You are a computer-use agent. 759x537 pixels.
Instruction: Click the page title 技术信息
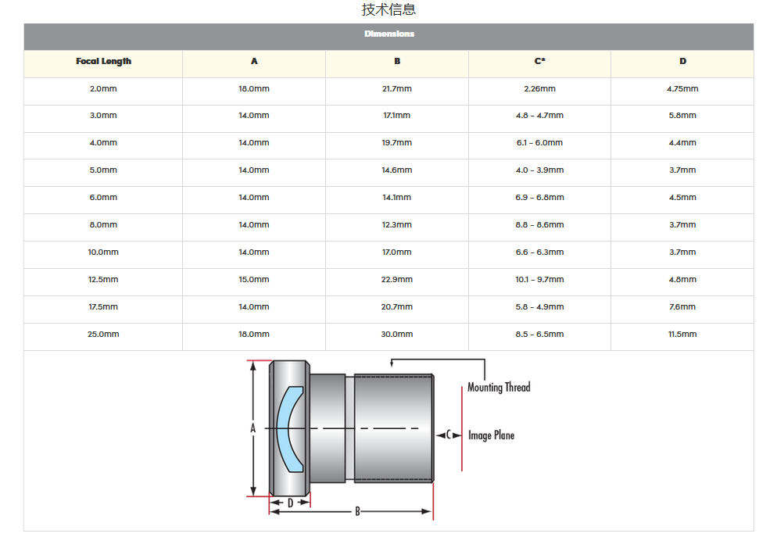(388, 9)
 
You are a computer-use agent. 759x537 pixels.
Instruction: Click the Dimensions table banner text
(389, 34)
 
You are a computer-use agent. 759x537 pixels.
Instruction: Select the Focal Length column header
(104, 62)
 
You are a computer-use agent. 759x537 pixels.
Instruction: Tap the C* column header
(539, 61)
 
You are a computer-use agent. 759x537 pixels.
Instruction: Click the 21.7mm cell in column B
(397, 88)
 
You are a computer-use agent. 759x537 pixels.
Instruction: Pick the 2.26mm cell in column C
(539, 88)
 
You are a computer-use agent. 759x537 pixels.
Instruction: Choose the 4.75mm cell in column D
(682, 88)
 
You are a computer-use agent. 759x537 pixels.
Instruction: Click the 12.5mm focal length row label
(103, 279)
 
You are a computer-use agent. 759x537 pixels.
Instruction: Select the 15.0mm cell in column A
(253, 279)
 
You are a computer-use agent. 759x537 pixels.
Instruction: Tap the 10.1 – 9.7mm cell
(539, 279)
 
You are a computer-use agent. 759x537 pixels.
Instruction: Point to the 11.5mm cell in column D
(682, 334)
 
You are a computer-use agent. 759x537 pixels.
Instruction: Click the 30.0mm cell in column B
(397, 334)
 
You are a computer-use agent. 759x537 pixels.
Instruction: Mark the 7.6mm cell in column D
(682, 307)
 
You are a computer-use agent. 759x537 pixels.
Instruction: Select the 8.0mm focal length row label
(103, 224)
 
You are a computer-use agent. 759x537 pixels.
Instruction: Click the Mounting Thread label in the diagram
(499, 388)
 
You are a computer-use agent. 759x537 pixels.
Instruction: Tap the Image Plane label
(492, 435)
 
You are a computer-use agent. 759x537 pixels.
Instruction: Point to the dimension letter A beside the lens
(252, 428)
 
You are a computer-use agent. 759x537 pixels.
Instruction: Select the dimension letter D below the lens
(291, 503)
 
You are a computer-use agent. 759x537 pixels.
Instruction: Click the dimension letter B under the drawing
(358, 511)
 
